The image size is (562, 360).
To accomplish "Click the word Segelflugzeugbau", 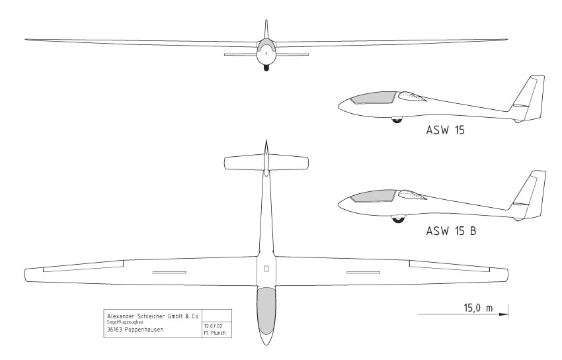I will point(126,322).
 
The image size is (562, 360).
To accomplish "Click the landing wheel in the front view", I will point(266,66).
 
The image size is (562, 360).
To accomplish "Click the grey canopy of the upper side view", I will point(372,99).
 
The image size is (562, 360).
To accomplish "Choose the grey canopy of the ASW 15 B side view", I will point(372,195).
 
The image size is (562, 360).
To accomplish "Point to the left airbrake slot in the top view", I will point(169,272).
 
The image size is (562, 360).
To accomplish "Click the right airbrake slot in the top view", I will point(363,272).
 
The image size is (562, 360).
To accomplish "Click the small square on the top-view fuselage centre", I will point(266,269).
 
